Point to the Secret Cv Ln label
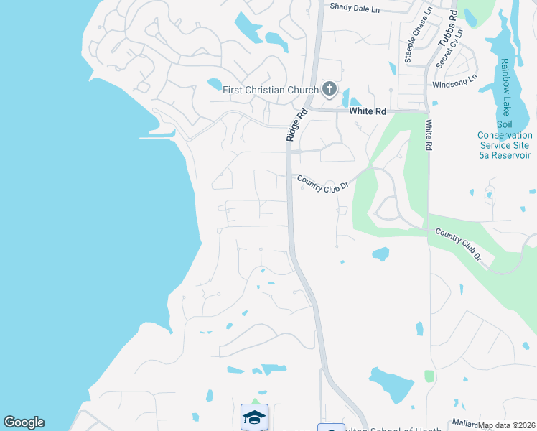449,48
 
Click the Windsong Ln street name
454,83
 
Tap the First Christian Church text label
270,90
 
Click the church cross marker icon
330,89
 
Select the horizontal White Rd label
368,111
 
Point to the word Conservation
505,135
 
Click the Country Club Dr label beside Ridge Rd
322,182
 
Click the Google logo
24,422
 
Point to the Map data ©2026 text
507,425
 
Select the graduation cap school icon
254,417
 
